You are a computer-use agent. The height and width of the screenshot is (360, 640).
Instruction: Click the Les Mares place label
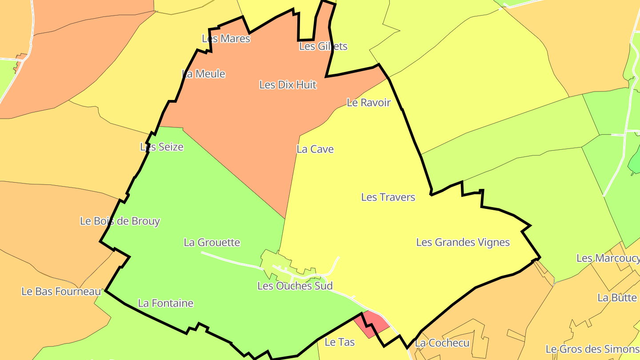[226, 39]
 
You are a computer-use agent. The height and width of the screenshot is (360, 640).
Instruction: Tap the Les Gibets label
[323, 46]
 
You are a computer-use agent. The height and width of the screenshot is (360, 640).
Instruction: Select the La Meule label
[204, 74]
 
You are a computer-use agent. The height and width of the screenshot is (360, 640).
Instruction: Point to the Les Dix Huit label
[288, 84]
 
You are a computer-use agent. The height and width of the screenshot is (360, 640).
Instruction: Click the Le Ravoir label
[368, 103]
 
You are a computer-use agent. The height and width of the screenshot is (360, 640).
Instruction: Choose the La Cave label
[315, 149]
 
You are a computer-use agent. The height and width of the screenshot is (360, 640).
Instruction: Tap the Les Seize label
[162, 147]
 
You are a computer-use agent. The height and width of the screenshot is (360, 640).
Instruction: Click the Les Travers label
[388, 197]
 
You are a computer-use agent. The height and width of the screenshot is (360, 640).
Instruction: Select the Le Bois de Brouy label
[120, 221]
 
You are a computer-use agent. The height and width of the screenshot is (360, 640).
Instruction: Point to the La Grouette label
[212, 242]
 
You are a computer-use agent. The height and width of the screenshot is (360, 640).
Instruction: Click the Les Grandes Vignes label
[463, 242]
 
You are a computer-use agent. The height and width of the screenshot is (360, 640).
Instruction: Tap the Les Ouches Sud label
[295, 286]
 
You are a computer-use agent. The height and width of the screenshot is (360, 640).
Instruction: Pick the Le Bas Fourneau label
[61, 292]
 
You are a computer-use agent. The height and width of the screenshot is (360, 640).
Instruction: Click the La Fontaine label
[166, 303]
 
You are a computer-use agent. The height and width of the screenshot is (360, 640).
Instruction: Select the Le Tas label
[340, 342]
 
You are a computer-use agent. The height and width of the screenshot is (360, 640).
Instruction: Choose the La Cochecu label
[442, 343]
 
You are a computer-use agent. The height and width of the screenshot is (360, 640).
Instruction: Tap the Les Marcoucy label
[608, 258]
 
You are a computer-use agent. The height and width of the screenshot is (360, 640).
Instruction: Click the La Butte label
[617, 297]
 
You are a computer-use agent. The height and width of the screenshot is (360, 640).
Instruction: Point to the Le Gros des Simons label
[592, 349]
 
